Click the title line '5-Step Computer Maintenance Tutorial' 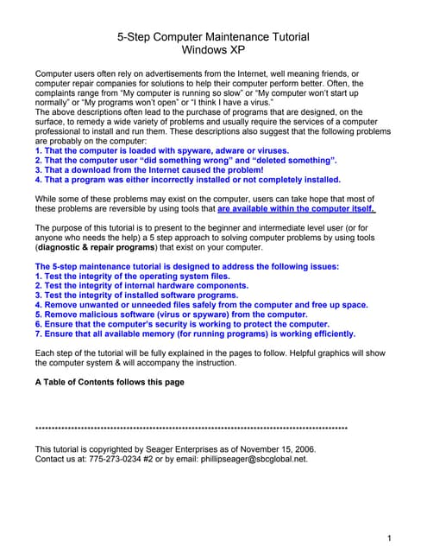click(x=213, y=37)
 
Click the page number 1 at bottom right click(x=390, y=538)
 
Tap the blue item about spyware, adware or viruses click(x=161, y=150)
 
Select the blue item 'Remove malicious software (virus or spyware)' click(x=159, y=315)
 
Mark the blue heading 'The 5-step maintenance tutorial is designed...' click(x=187, y=266)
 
